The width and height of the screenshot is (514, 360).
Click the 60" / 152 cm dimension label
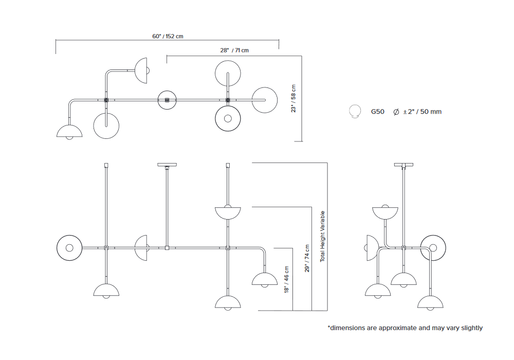[x=168, y=37]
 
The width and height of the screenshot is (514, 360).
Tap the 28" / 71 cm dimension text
[x=234, y=50]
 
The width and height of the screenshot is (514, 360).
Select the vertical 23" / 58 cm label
[x=293, y=98]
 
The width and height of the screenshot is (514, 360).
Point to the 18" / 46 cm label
[x=286, y=279]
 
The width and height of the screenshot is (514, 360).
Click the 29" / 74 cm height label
[x=307, y=259]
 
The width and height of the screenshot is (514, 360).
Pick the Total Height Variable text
[x=323, y=237]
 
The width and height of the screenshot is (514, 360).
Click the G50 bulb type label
[x=377, y=111]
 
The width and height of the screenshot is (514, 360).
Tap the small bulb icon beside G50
[x=354, y=111]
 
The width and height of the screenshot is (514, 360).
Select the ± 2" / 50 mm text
[x=421, y=111]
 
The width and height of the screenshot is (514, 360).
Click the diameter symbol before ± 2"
[x=396, y=111]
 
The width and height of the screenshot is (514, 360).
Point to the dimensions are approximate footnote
[x=405, y=328]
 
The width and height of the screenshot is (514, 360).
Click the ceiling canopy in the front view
[x=167, y=165]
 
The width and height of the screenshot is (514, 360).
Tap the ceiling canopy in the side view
[x=403, y=165]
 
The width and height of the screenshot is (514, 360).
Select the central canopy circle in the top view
[x=167, y=100]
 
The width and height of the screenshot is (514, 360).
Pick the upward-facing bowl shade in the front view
[x=228, y=211]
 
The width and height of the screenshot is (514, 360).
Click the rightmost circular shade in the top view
[x=265, y=100]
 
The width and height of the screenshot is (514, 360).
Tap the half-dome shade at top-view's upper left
[x=141, y=70]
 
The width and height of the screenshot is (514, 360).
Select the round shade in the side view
[x=432, y=248]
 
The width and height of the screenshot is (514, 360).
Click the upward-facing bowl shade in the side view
[x=385, y=211]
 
